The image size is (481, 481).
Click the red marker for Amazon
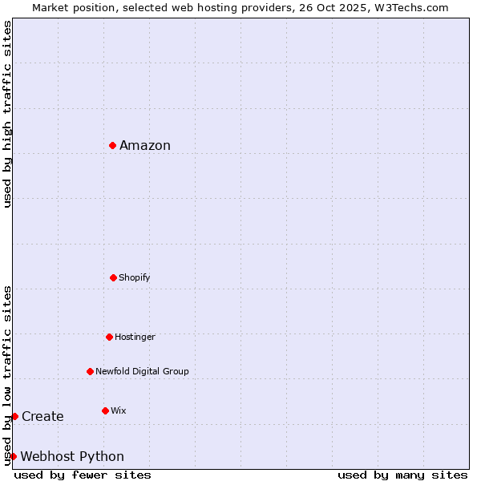113,145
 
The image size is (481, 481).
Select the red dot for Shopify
113,277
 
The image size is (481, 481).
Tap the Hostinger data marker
109,337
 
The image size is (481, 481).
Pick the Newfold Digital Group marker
90,371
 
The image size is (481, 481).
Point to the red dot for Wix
105,410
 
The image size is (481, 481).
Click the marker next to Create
14,416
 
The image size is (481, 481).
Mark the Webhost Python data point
13,456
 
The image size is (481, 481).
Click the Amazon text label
145,145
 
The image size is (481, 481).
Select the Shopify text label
135,277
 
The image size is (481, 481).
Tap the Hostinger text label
135,337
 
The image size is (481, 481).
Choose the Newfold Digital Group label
142,371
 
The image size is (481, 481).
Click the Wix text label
119,410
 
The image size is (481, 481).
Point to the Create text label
42,416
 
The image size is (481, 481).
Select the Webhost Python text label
72,456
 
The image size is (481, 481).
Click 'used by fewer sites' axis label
83,475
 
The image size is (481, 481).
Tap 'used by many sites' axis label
402,475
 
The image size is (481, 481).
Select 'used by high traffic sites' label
7,114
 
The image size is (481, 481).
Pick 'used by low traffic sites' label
7,374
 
